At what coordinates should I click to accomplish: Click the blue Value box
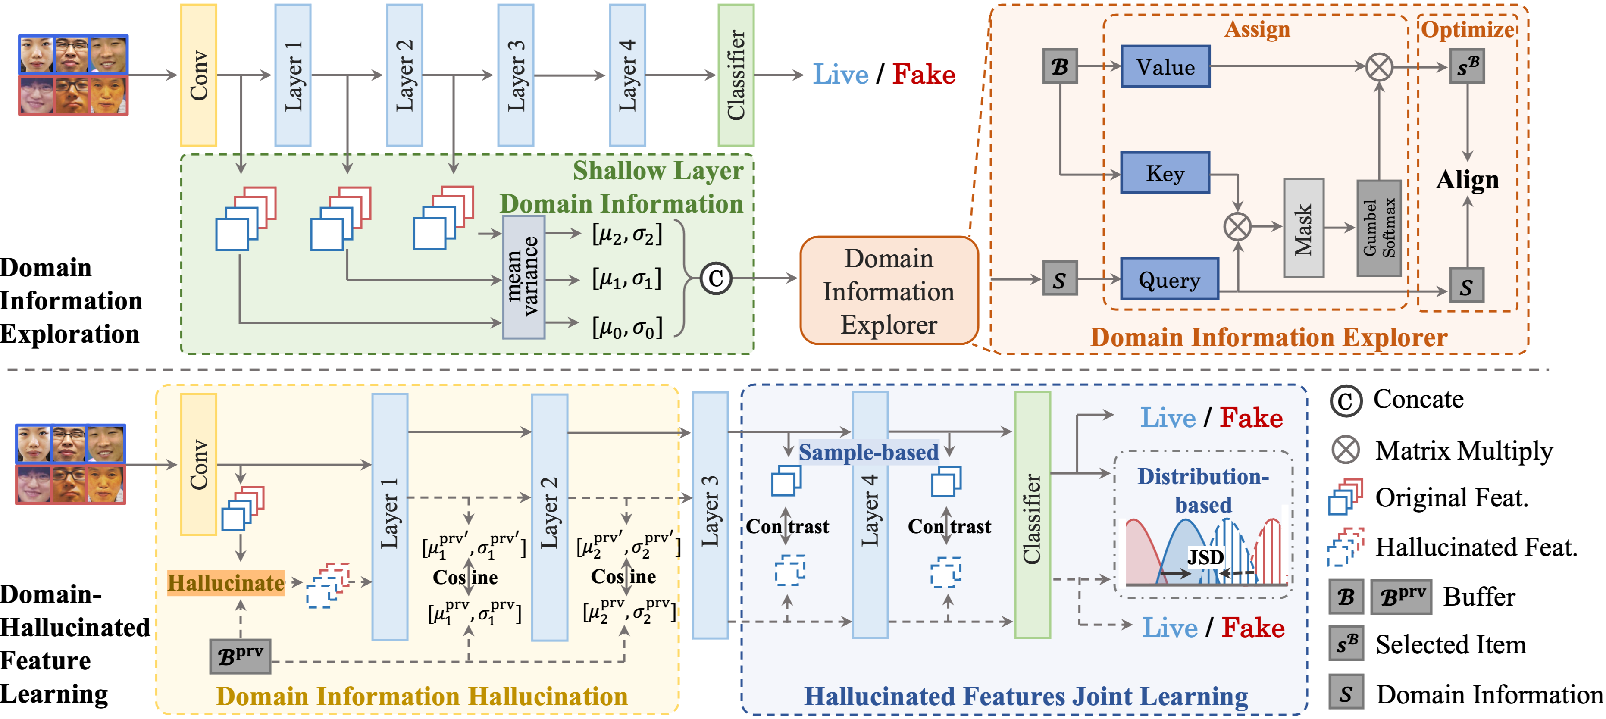pyautogui.click(x=1165, y=66)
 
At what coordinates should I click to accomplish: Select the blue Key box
pyautogui.click(x=1165, y=173)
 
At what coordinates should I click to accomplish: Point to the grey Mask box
pyautogui.click(x=1304, y=228)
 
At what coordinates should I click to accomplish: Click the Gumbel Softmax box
pyautogui.click(x=1379, y=228)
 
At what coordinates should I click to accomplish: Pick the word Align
pyautogui.click(x=1468, y=180)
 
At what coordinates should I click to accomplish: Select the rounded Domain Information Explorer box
pyautogui.click(x=889, y=291)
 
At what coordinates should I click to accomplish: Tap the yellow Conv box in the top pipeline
pyautogui.click(x=198, y=75)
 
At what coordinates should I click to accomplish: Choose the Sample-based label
pyautogui.click(x=868, y=452)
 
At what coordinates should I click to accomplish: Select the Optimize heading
pyautogui.click(x=1468, y=29)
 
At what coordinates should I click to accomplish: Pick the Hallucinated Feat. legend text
pyautogui.click(x=1476, y=547)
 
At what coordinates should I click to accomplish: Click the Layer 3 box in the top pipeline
pyautogui.click(x=516, y=75)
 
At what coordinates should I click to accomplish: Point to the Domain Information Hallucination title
pyautogui.click(x=422, y=697)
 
